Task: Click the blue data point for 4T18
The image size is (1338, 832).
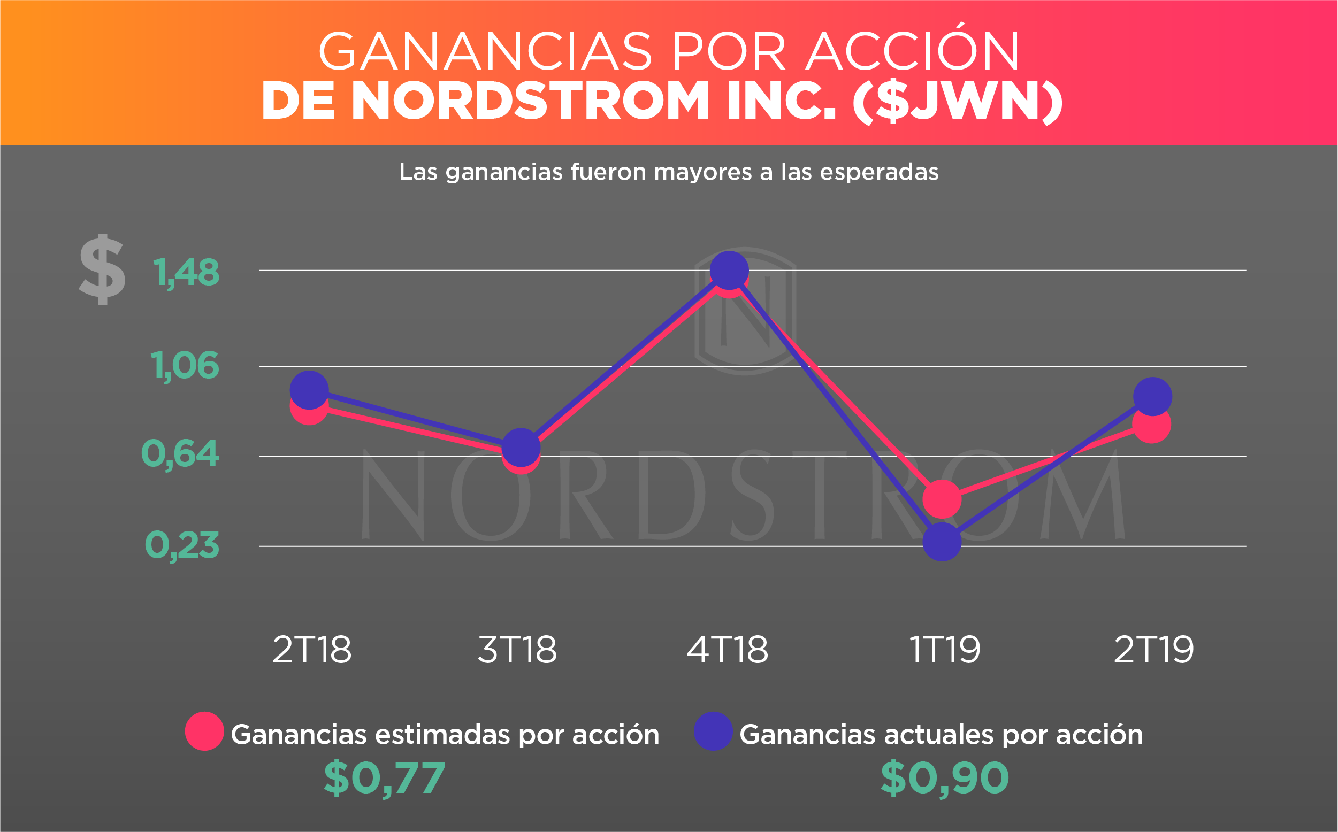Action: point(729,270)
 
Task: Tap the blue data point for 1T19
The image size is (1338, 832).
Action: point(942,542)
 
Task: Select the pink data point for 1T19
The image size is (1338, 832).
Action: point(942,498)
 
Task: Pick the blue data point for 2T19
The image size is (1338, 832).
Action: point(1152,396)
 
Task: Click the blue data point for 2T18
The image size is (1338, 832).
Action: point(309,390)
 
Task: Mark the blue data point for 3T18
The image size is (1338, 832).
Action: point(521,447)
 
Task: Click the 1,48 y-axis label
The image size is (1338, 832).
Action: point(186,273)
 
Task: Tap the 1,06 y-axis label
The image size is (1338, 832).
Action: point(185,366)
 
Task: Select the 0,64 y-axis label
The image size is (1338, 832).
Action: point(180,454)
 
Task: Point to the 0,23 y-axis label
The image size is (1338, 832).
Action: point(182,546)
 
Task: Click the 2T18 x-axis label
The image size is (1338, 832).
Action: point(311,650)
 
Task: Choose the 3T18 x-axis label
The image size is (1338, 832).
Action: point(517,650)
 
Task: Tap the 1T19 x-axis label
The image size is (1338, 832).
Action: point(944,650)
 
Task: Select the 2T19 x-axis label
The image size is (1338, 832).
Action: point(1153,650)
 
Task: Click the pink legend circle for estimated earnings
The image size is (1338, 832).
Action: point(204,731)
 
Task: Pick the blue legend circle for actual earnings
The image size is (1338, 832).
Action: point(713,731)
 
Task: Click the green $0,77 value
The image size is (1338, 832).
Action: point(384,779)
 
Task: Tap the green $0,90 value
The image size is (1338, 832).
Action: point(945,779)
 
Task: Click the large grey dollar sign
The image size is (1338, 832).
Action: point(102,269)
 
